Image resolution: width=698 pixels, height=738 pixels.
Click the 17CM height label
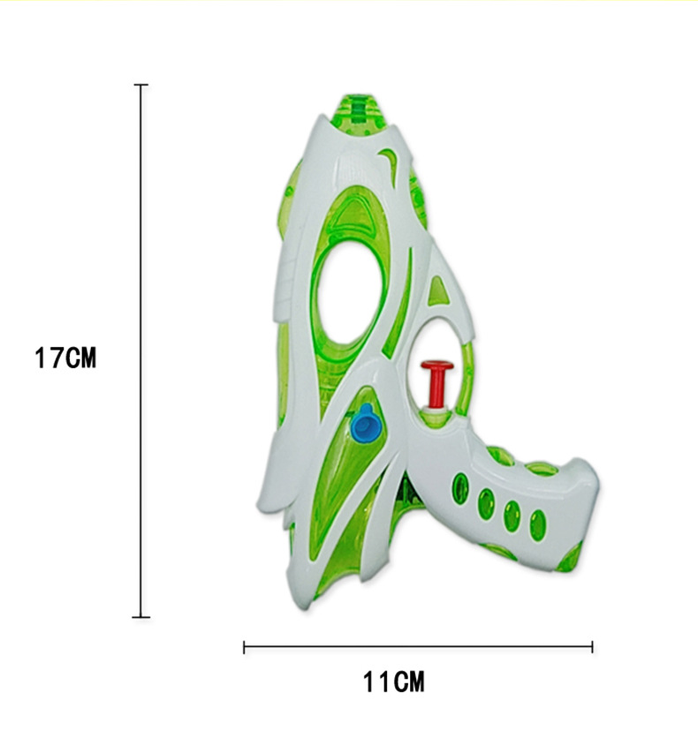point(65,358)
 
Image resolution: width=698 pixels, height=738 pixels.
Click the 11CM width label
point(394,682)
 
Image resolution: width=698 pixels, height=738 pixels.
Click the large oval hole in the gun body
point(350,294)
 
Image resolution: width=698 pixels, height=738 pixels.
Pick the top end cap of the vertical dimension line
point(140,85)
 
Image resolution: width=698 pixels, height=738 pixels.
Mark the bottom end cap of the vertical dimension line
point(140,616)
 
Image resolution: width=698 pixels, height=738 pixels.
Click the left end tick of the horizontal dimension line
point(244,647)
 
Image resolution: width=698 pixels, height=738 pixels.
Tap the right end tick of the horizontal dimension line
point(592,647)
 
